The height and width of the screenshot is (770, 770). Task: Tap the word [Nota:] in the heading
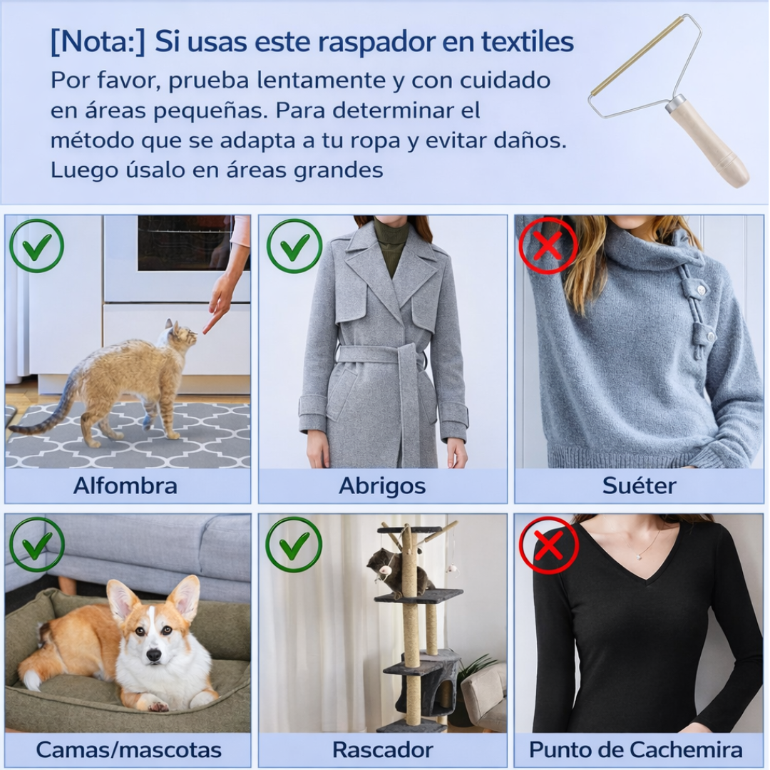pyautogui.click(x=97, y=42)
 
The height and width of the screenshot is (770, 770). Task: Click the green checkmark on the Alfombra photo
pyautogui.click(x=36, y=246)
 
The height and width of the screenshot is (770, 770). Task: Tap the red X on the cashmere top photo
pyautogui.click(x=548, y=545)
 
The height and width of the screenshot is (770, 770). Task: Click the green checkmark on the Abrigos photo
pyautogui.click(x=294, y=246)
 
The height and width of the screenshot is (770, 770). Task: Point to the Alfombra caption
pyautogui.click(x=125, y=486)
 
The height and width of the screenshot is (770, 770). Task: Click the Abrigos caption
pyautogui.click(x=382, y=486)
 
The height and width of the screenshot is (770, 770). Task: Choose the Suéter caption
pyautogui.click(x=639, y=486)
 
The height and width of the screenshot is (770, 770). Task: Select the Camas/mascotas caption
pyautogui.click(x=128, y=750)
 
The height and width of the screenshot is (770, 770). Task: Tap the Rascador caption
pyautogui.click(x=382, y=750)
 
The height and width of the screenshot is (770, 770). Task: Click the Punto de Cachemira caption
pyautogui.click(x=635, y=750)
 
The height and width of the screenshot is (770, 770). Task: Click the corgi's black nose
pyautogui.click(x=153, y=654)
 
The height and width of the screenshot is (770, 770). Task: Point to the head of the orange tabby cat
pyautogui.click(x=183, y=337)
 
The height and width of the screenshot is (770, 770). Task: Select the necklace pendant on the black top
pyautogui.click(x=631, y=556)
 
